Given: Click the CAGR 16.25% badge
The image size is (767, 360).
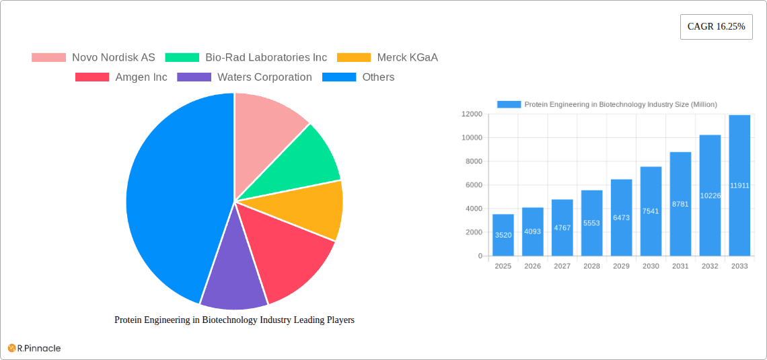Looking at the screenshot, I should click(716, 27).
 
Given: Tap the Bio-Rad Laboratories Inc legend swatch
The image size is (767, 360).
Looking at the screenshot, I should click(182, 57).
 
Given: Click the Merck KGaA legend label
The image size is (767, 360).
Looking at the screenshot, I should click(407, 57).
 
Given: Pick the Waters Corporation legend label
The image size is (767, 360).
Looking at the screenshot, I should click(264, 77).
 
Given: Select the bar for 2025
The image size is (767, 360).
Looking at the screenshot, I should click(503, 235).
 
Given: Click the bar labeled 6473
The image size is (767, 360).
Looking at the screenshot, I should click(621, 217).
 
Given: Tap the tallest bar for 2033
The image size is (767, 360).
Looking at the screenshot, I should click(739, 185).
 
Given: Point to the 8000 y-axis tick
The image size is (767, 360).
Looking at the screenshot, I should click(474, 161).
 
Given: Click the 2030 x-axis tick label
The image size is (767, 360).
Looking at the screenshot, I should click(651, 266).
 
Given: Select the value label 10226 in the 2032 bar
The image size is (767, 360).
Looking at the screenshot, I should click(710, 196).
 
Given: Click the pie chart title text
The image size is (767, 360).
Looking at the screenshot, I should click(234, 320).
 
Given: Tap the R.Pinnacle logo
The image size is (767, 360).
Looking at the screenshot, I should click(34, 348).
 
